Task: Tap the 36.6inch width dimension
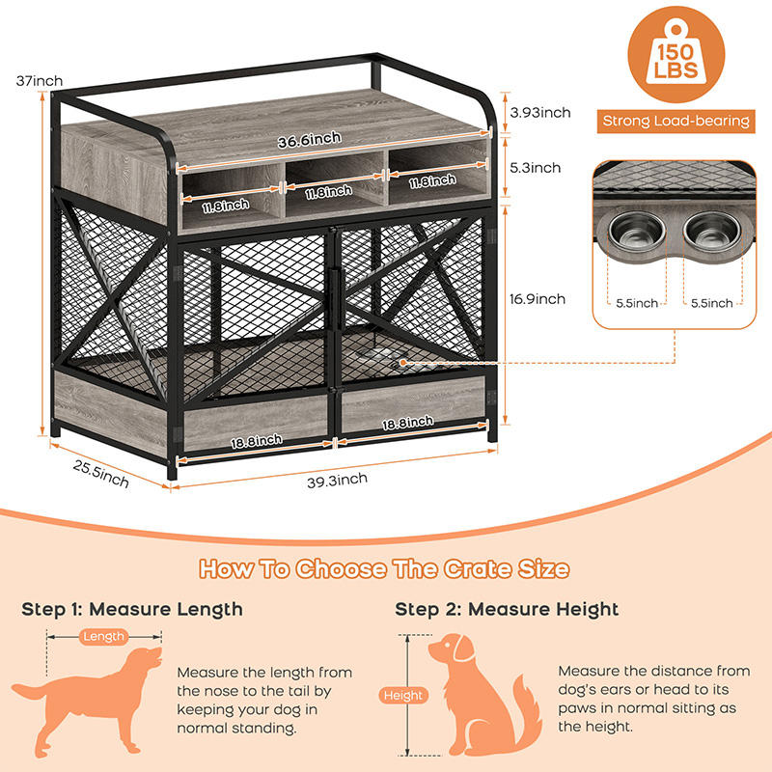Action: pos(309,141)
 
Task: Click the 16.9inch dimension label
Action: pos(538,299)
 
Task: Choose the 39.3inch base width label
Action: pos(338,480)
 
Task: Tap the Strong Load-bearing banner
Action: pos(675,121)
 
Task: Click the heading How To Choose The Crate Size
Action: pos(384,568)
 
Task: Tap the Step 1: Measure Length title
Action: pos(132,609)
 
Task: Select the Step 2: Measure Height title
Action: pos(507,609)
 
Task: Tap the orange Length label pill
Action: pos(104,636)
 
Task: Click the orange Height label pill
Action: pos(403,695)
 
